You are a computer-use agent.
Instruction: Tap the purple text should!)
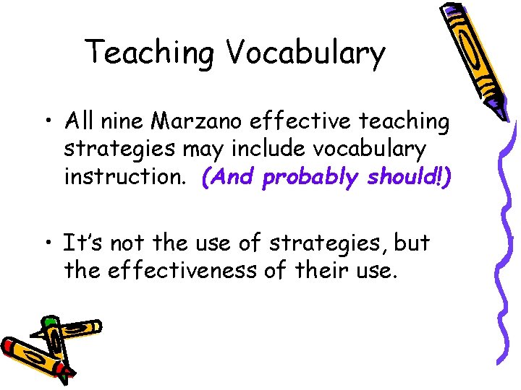(x=407, y=177)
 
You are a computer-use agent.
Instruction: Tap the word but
(x=412, y=243)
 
